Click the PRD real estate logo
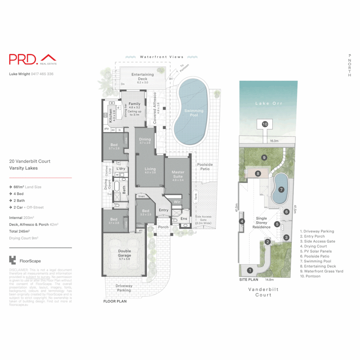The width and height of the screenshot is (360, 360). coord(32,59)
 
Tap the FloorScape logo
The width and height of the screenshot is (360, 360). coord(25,261)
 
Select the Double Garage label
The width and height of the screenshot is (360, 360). coord(124,253)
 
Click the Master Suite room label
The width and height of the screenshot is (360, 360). coord(178,174)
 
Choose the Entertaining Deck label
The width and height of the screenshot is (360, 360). coord(142,76)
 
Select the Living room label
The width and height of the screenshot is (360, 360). coord(150,170)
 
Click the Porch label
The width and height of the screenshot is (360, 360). coord(163,227)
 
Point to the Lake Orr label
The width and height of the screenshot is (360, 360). coord(269,103)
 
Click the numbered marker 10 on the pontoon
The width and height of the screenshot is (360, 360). coord(265,124)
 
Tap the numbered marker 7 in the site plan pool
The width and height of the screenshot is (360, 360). coord(281,190)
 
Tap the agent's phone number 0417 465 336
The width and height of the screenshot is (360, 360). coord(42,74)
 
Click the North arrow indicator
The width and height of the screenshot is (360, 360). coord(349,65)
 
